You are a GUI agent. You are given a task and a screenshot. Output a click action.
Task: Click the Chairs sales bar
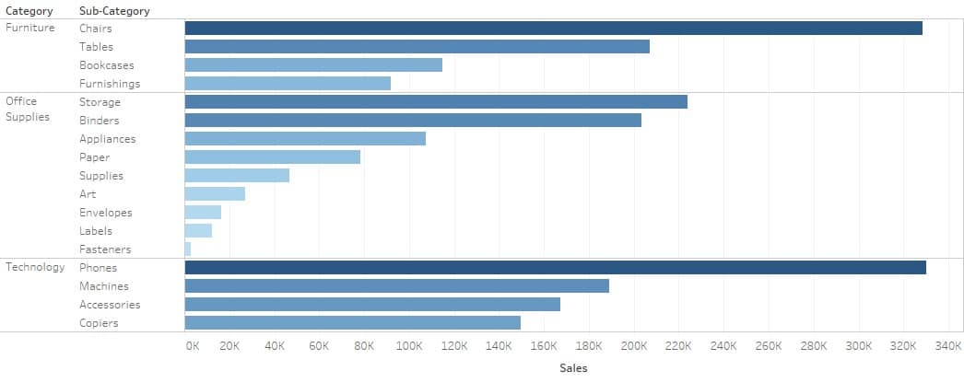(553, 29)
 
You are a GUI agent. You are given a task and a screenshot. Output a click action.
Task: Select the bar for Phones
(555, 268)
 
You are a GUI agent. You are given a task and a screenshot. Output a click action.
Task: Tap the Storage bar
(436, 102)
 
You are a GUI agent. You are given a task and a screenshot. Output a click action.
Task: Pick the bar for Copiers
(352, 323)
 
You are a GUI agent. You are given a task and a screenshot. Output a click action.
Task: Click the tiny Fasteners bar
(188, 250)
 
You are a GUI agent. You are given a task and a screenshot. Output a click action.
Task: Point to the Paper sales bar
(273, 157)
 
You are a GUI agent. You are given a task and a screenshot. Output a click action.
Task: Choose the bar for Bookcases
(313, 65)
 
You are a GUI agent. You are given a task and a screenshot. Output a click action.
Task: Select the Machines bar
(396, 286)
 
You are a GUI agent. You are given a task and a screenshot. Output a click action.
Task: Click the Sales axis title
(573, 367)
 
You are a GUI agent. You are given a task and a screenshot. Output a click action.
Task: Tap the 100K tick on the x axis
(408, 346)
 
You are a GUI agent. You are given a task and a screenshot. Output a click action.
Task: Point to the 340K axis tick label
(948, 346)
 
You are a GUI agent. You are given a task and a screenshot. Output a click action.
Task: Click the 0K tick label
(192, 346)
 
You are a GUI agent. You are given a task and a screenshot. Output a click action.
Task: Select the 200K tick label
(633, 346)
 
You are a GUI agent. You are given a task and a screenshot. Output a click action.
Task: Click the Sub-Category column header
(114, 11)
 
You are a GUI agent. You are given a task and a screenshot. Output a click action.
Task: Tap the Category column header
(29, 11)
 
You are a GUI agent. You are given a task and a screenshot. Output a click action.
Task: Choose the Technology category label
(35, 267)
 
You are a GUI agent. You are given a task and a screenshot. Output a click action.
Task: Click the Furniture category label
(30, 28)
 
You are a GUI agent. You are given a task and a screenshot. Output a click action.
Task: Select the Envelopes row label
(105, 213)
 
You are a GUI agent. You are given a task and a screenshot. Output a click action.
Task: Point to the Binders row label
(99, 121)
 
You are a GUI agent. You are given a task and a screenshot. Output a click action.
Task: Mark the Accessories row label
(110, 305)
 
